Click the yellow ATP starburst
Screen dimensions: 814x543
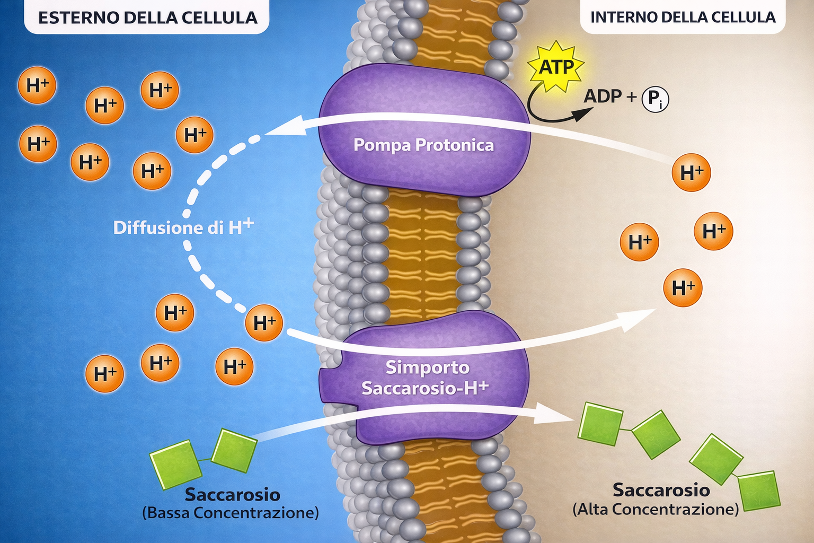click(555, 67)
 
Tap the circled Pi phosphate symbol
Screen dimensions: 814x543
click(655, 99)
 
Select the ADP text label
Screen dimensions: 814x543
click(603, 97)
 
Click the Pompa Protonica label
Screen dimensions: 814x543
click(424, 145)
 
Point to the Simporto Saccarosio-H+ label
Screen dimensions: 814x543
click(425, 378)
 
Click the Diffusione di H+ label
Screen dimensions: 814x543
click(183, 227)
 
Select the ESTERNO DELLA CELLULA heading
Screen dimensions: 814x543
click(148, 18)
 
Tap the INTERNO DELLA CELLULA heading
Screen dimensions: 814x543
click(683, 17)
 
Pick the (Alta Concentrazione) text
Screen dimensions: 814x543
click(656, 509)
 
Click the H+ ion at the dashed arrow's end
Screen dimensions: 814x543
click(264, 323)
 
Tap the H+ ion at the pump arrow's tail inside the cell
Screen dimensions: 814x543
click(691, 172)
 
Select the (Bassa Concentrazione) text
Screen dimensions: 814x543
click(231, 513)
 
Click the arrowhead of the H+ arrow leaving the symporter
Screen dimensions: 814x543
click(636, 320)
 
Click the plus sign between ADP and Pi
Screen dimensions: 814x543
click(632, 97)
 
